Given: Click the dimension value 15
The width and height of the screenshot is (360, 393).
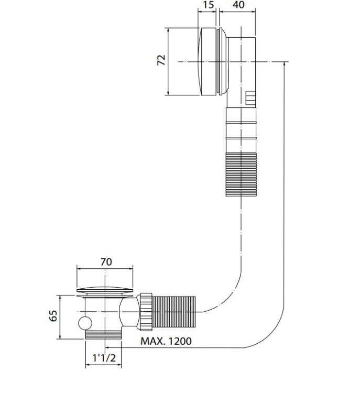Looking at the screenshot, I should point(208,5).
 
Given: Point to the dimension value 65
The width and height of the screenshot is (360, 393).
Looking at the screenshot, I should point(53,316).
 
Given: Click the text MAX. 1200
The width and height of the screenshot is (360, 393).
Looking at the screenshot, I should point(166,341).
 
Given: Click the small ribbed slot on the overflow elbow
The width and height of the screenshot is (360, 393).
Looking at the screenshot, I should point(250,98).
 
